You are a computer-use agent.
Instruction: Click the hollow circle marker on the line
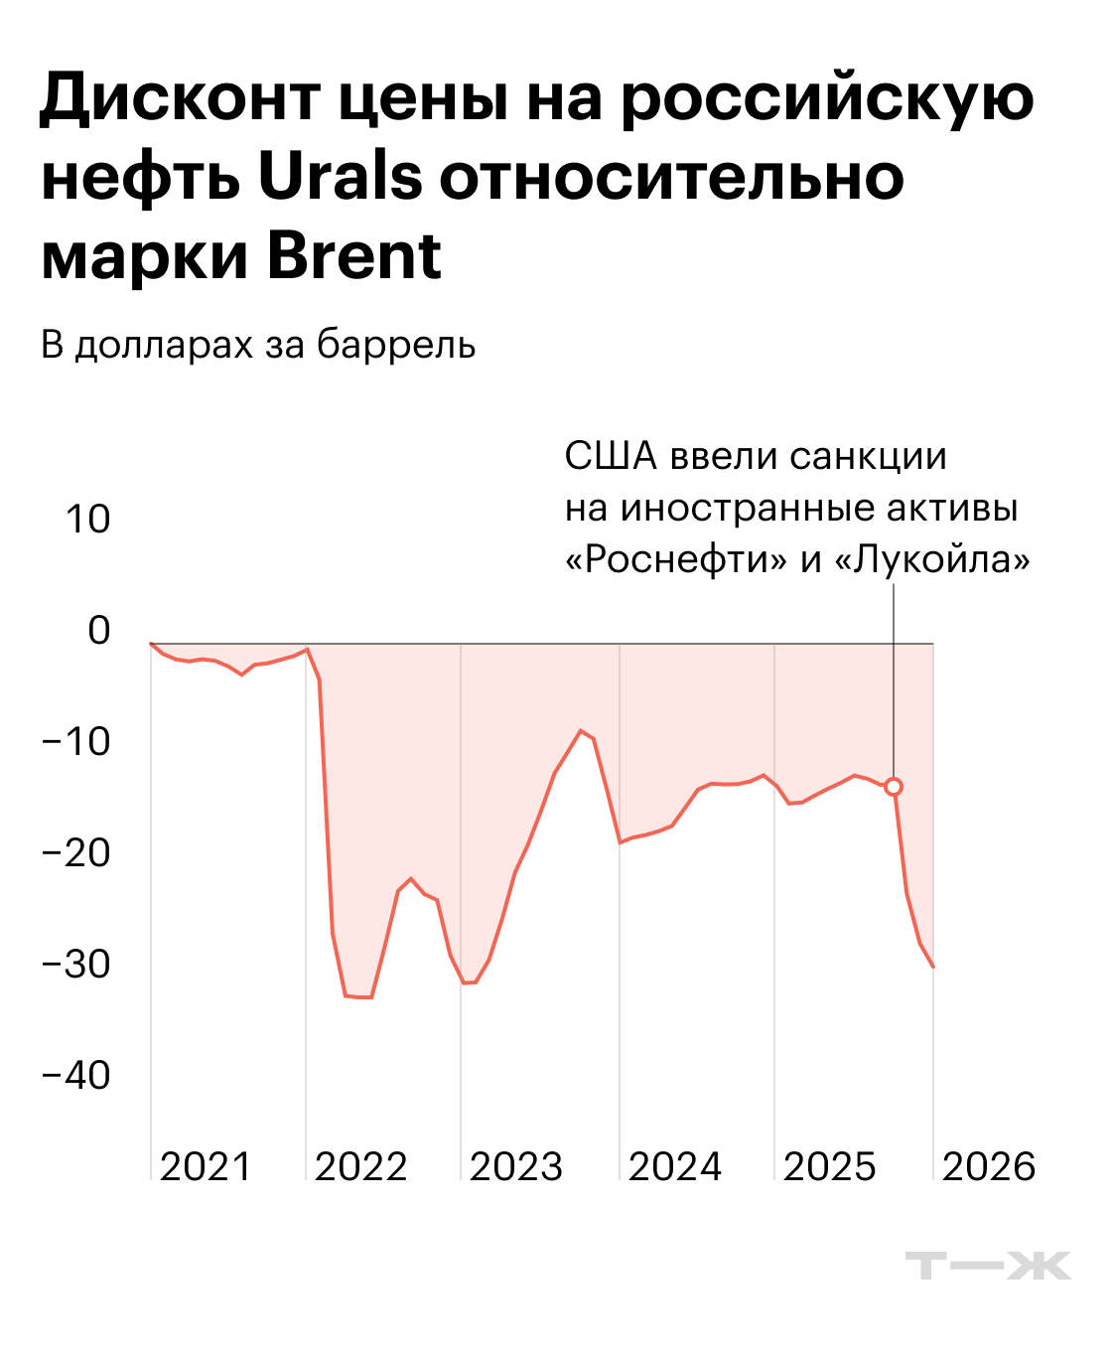pyautogui.click(x=894, y=787)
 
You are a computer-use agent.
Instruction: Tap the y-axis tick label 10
pyautogui.click(x=87, y=519)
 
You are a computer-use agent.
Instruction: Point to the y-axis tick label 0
pyautogui.click(x=98, y=630)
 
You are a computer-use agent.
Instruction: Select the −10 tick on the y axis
pyautogui.click(x=75, y=741)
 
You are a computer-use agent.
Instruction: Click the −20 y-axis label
pyautogui.click(x=75, y=852)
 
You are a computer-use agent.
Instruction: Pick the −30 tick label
pyautogui.click(x=75, y=964)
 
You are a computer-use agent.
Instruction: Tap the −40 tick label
pyautogui.click(x=75, y=1075)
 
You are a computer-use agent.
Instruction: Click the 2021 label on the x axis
pyautogui.click(x=206, y=1166)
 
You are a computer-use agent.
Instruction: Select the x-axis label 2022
pyautogui.click(x=360, y=1166)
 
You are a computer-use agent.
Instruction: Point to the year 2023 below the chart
pyautogui.click(x=515, y=1166)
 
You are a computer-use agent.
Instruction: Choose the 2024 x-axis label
pyautogui.click(x=674, y=1166)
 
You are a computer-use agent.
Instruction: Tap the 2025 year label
pyautogui.click(x=829, y=1166)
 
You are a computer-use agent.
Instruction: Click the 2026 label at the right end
pyautogui.click(x=988, y=1166)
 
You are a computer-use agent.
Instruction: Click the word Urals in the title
pyautogui.click(x=340, y=179)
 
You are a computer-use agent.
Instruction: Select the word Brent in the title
pyautogui.click(x=353, y=256)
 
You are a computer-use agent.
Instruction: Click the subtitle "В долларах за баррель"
pyautogui.click(x=258, y=345)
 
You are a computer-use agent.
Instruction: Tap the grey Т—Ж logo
pyautogui.click(x=987, y=1266)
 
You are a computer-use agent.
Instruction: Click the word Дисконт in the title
pyautogui.click(x=180, y=99)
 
